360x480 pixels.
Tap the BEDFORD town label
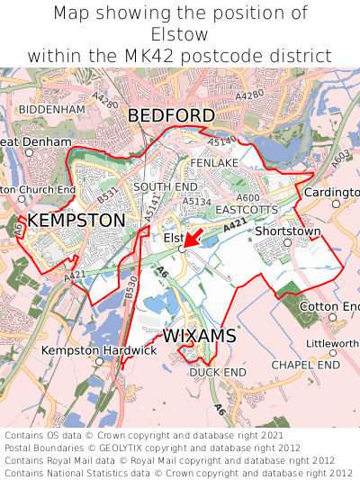pos(171,116)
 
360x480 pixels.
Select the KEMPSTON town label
pos(76,220)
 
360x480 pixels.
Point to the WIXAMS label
pos(200,336)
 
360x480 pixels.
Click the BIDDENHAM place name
pos(51,109)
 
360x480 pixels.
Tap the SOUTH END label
pos(158,186)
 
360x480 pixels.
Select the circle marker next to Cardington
pos(336,204)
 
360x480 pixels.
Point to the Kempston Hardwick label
pos(100,349)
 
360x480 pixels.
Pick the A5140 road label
pos(221,141)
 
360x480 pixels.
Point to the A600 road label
pos(247,197)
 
